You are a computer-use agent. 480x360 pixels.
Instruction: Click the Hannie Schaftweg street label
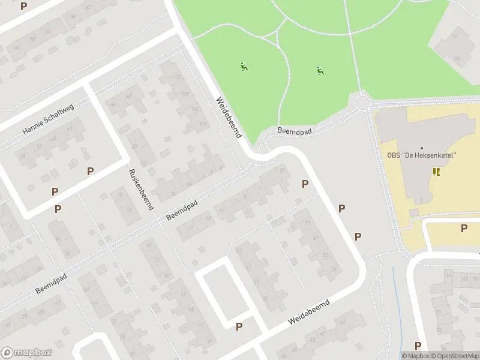[48, 119]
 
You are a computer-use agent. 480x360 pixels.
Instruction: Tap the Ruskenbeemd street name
[141, 188]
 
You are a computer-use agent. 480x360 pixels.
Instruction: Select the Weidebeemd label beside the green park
[229, 119]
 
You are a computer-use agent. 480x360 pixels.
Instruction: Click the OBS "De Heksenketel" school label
[421, 155]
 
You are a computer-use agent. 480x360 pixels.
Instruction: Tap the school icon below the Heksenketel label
[436, 172]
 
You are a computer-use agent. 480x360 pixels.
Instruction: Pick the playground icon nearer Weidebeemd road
[244, 67]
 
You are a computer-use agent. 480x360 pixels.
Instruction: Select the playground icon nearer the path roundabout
[320, 71]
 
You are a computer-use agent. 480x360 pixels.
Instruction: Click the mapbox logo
[26, 352]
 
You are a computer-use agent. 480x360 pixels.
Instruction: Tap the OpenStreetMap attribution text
[455, 356]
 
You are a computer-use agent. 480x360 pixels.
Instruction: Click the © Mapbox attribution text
[415, 356]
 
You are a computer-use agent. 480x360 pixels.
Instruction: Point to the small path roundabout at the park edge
[363, 103]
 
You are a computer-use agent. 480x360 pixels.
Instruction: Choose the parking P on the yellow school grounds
[464, 228]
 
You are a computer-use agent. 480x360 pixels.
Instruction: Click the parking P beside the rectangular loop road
[239, 326]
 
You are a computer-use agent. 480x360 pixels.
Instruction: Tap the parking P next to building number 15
[305, 184]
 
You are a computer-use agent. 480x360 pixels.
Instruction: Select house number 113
[176, 77]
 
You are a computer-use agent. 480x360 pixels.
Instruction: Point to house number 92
[454, 36]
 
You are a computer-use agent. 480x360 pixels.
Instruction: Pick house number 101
[203, 124]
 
